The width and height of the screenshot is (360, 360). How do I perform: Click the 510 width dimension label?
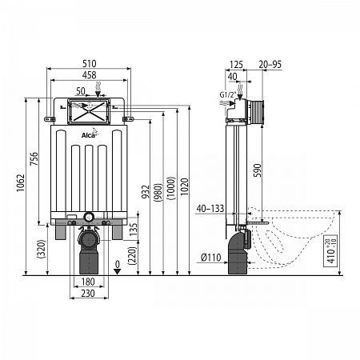89,64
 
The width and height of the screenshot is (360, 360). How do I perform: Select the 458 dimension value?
89,75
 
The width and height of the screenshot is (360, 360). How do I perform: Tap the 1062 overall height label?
21,183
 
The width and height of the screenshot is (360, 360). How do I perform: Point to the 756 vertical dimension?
34,159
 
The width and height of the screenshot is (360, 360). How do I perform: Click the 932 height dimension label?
146,192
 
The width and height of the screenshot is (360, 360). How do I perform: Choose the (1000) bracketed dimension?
171,188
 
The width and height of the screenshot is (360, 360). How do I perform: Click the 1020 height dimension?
184,186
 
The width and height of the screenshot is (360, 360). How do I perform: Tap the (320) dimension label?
42,249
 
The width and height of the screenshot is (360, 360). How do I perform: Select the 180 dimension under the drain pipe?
88,282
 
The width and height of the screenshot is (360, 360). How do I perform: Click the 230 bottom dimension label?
88,294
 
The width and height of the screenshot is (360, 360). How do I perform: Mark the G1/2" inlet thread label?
228,94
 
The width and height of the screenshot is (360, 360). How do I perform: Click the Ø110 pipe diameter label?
211,258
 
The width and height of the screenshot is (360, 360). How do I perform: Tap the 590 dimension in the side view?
257,170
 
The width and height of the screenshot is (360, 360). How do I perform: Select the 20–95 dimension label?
270,64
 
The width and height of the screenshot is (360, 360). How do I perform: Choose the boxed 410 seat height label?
330,251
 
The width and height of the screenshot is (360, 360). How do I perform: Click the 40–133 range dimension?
210,208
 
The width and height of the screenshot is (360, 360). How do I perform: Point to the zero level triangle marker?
117,272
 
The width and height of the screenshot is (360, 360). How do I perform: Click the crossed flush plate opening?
89,111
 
